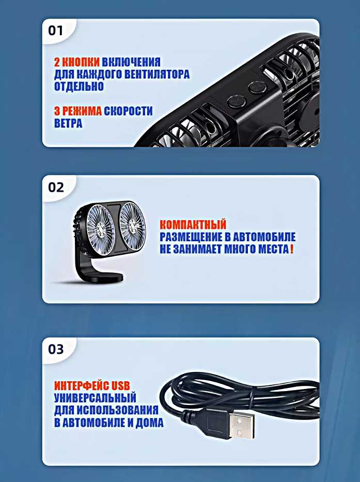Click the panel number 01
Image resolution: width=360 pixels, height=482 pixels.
coord(55,30)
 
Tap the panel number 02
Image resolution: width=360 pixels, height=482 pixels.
coord(56,187)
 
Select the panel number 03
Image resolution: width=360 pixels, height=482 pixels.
coord(56,349)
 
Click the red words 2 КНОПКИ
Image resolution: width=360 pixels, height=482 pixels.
coord(77,62)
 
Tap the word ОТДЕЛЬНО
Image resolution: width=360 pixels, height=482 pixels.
coord(79,86)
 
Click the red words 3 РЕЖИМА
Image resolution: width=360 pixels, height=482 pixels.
coord(78,111)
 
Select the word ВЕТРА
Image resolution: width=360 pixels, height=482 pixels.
coord(68,123)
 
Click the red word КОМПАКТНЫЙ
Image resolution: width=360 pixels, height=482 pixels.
coord(193,225)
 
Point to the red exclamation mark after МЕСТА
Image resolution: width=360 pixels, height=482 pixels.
coord(291,249)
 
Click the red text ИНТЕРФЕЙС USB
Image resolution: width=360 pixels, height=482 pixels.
coord(92,386)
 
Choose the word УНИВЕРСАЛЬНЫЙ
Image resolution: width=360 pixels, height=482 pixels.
coord(96,398)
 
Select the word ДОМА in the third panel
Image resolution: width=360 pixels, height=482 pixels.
coord(149,423)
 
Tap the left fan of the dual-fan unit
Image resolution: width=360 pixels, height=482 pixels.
coord(101,230)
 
